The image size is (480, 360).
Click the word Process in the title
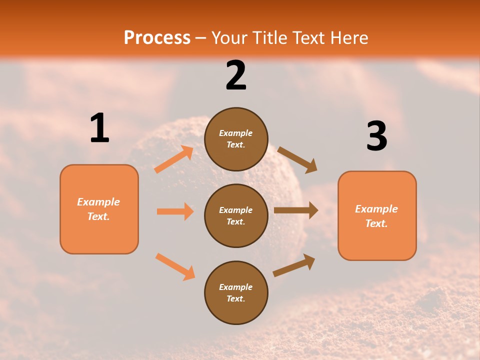coord(157,37)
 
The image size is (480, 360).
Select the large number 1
coord(99,128)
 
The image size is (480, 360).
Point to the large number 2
coord(236,75)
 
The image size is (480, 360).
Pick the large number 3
coord(376,136)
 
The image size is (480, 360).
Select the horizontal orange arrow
coord(175,211)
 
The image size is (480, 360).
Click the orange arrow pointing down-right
coord(175,266)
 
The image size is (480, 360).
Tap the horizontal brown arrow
coord(296,210)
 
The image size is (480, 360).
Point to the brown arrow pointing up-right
coord(294,265)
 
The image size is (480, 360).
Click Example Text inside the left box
coord(98,209)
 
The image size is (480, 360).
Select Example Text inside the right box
coord(376,216)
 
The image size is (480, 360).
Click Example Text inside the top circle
coord(236,138)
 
